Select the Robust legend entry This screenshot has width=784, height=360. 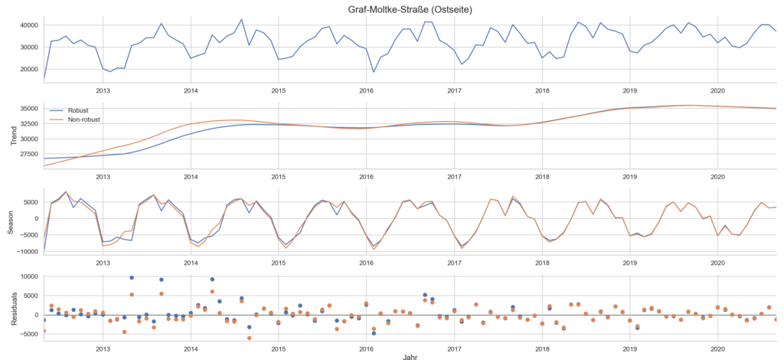78,110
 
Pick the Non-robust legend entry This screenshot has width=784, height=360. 83,119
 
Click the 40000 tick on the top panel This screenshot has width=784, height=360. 27,25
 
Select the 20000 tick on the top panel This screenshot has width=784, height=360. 27,70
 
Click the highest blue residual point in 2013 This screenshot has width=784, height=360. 132,277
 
